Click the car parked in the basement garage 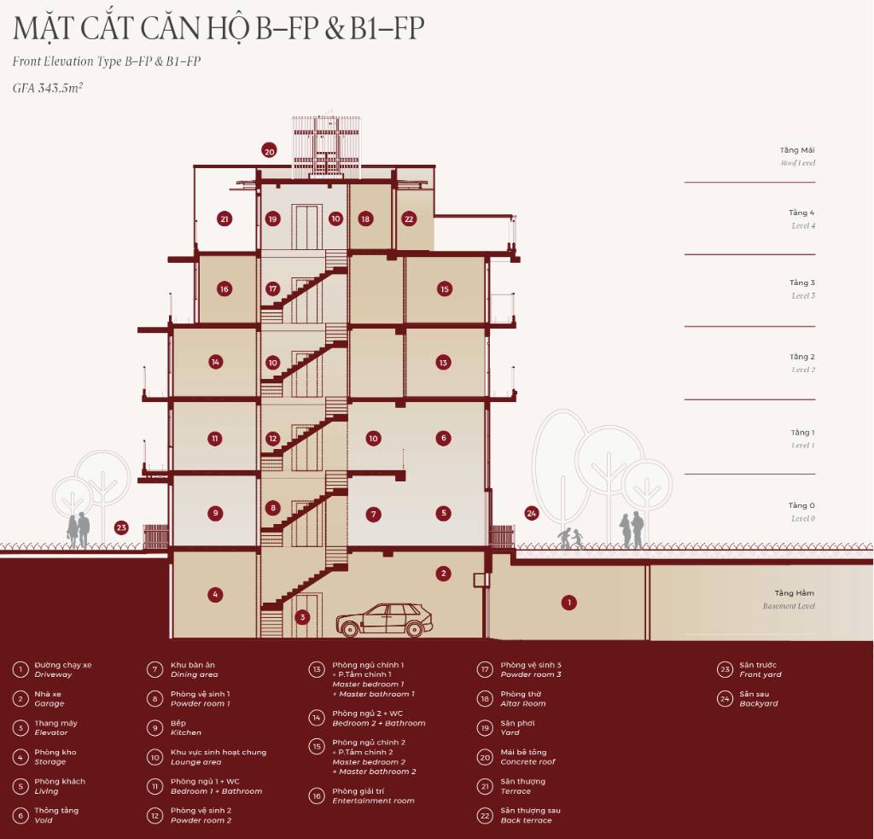tap(384, 621)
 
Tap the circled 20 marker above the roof tap(269, 151)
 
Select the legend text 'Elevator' tap(51, 733)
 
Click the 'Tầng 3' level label tap(801, 283)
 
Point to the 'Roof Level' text tap(798, 162)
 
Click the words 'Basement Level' tap(789, 606)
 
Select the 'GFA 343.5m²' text tap(48, 87)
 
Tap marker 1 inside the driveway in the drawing tap(568, 603)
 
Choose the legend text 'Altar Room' tap(523, 704)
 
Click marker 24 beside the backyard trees tap(532, 513)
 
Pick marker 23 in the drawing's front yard tap(121, 527)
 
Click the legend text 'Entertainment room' tap(373, 801)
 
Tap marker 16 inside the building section tap(224, 288)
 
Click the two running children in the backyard tap(570, 539)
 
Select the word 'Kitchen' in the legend tap(186, 733)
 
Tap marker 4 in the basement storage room tap(215, 594)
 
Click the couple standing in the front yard tap(79, 529)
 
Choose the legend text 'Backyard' tap(758, 704)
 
